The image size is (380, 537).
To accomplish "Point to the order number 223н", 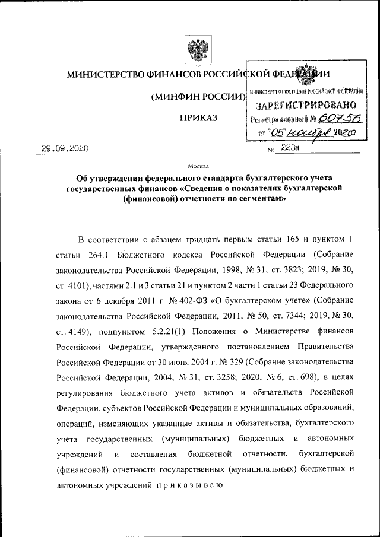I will click(288, 149).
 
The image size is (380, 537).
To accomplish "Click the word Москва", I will click(198, 167).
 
